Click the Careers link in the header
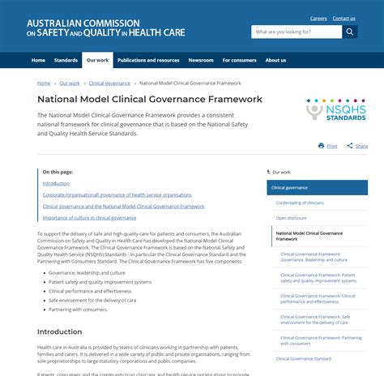pos(318,18)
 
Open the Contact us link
pos(343,18)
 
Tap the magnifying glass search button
pos(350,32)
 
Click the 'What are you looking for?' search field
pos(297,32)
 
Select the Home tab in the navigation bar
pos(38,60)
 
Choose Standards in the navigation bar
pos(66,60)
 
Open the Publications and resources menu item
pos(148,60)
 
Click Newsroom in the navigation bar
pos(201,60)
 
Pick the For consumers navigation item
pos(239,60)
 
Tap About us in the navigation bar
pos(275,60)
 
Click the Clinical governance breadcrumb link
pos(109,83)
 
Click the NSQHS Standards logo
pos(336,109)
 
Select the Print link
pos(328,146)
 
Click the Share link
pos(357,146)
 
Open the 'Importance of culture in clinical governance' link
pos(89,217)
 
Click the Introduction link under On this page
pos(56,183)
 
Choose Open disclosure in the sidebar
pos(291,217)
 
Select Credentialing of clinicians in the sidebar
pos(300,203)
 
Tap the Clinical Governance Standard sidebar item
pos(304,358)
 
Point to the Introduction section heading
pos(59,331)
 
